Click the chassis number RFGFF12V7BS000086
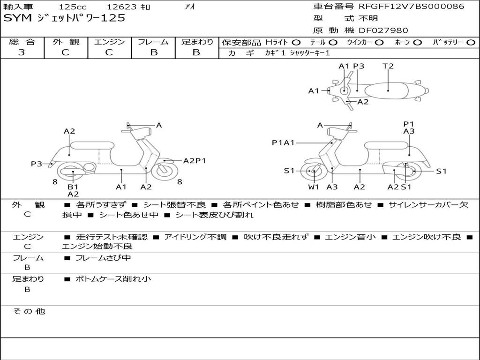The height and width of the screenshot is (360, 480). pos(411,7)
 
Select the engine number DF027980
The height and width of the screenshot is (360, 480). pos(383,30)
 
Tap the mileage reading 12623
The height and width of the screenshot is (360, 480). pos(121,7)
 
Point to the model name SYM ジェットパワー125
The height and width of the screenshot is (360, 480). pos(64,18)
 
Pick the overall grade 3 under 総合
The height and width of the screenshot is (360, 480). pos(22,52)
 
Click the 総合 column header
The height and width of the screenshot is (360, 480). pos(22,42)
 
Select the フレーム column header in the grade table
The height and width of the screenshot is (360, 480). pos(153,42)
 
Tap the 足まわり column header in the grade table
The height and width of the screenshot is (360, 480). pos(197,42)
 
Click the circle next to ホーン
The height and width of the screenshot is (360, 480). pos(417,43)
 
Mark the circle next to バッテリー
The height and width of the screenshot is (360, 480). pos(471,43)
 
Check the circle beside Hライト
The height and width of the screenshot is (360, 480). pos(296,43)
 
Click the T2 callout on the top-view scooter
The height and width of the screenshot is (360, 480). pos(388,66)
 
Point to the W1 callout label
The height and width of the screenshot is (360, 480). pos(314,187)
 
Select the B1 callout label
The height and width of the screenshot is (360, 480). pos(73,187)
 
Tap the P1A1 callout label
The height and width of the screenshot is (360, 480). pos(283,142)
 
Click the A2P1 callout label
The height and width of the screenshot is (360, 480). pos(195,161)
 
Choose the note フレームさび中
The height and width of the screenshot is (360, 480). pos(103,258)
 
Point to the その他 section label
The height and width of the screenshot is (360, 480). pos(29,311)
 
